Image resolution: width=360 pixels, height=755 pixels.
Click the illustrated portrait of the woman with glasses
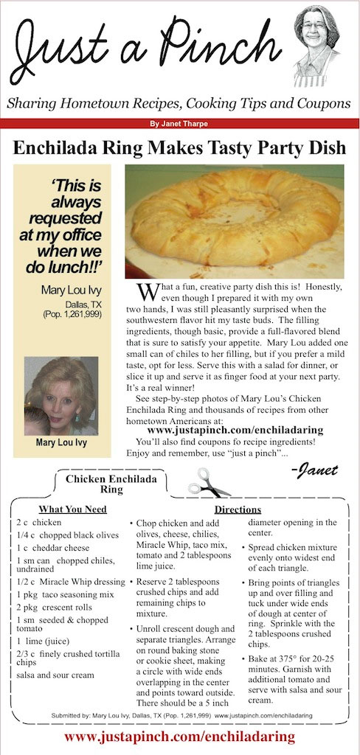(x=319, y=45)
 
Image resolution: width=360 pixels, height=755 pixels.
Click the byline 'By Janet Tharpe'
(x=179, y=124)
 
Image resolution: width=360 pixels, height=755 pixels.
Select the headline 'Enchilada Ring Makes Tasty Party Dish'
(x=179, y=147)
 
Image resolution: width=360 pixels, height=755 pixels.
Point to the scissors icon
(x=207, y=481)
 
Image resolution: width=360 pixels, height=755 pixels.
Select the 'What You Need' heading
(x=72, y=509)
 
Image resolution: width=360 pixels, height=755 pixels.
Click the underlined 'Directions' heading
(x=238, y=509)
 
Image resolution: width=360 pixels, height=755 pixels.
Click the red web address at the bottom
(x=179, y=736)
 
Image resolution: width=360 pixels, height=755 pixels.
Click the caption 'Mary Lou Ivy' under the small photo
(x=60, y=443)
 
